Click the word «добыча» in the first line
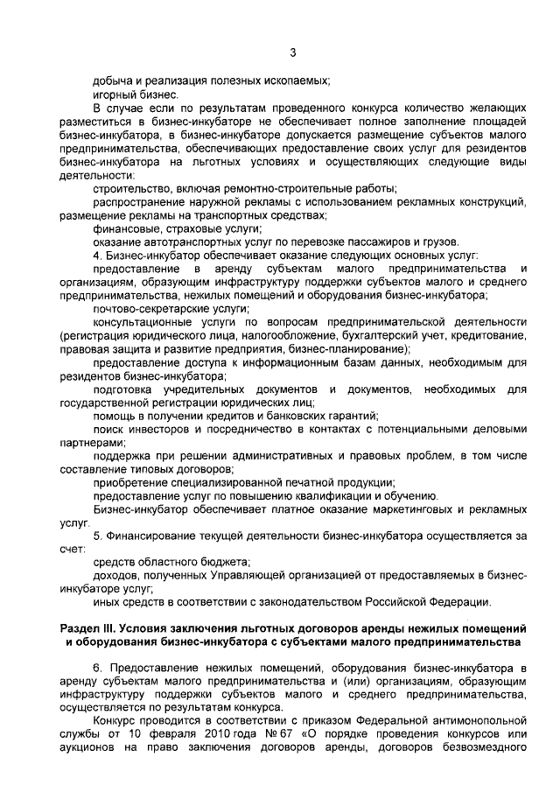tap(111, 81)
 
